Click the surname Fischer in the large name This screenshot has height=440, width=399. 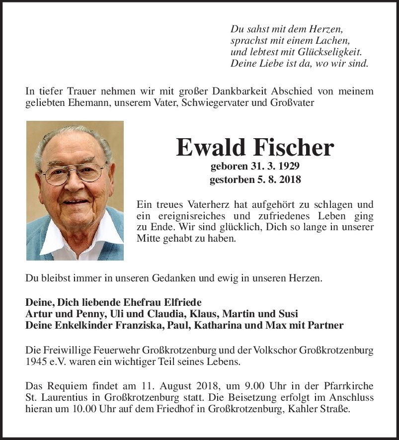pos(293,147)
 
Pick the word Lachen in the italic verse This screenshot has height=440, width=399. pos(334,40)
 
